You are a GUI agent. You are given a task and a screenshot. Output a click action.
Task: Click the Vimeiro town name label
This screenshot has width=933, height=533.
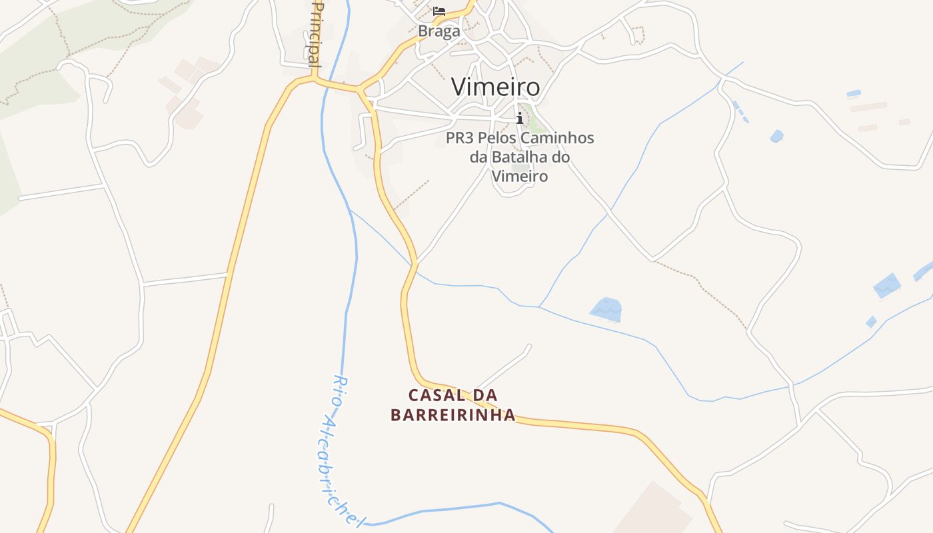pos(495,87)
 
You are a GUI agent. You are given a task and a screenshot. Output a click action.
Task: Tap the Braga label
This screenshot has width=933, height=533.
pos(439,31)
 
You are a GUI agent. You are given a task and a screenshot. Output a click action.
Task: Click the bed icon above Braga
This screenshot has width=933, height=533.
pos(439,11)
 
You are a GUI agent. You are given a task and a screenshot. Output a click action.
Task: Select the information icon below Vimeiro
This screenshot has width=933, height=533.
pos(520,119)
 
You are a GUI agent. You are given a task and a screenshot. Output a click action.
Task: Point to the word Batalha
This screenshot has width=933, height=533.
pos(520,157)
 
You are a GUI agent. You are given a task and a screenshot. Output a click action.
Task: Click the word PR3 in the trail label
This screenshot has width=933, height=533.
pos(459,139)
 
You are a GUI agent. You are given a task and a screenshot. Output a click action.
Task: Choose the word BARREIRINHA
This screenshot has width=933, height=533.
pos(453,415)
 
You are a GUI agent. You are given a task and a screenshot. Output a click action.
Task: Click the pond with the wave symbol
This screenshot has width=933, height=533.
pos(606,310)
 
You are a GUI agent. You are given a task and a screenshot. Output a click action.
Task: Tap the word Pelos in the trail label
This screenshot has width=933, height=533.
pos(495,139)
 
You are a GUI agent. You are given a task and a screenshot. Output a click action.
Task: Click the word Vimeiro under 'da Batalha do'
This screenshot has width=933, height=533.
pos(520,177)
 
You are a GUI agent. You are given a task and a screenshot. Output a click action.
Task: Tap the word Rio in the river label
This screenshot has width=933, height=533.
pos(340,390)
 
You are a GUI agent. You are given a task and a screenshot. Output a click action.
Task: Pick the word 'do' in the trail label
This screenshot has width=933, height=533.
pos(562,157)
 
